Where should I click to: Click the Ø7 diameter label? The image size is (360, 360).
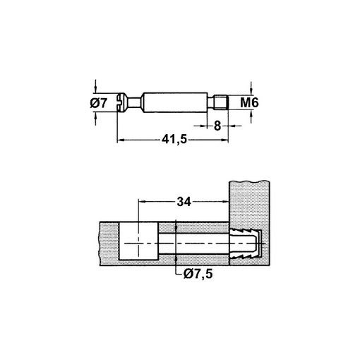pyautogui.click(x=100, y=104)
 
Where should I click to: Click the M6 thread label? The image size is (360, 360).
pyautogui.click(x=250, y=104)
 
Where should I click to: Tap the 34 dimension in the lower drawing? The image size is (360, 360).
pyautogui.click(x=185, y=202)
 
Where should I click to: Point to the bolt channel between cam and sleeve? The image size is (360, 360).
pyautogui.click(x=194, y=243)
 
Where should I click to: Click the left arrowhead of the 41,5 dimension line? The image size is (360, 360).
pyautogui.click(x=120, y=140)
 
